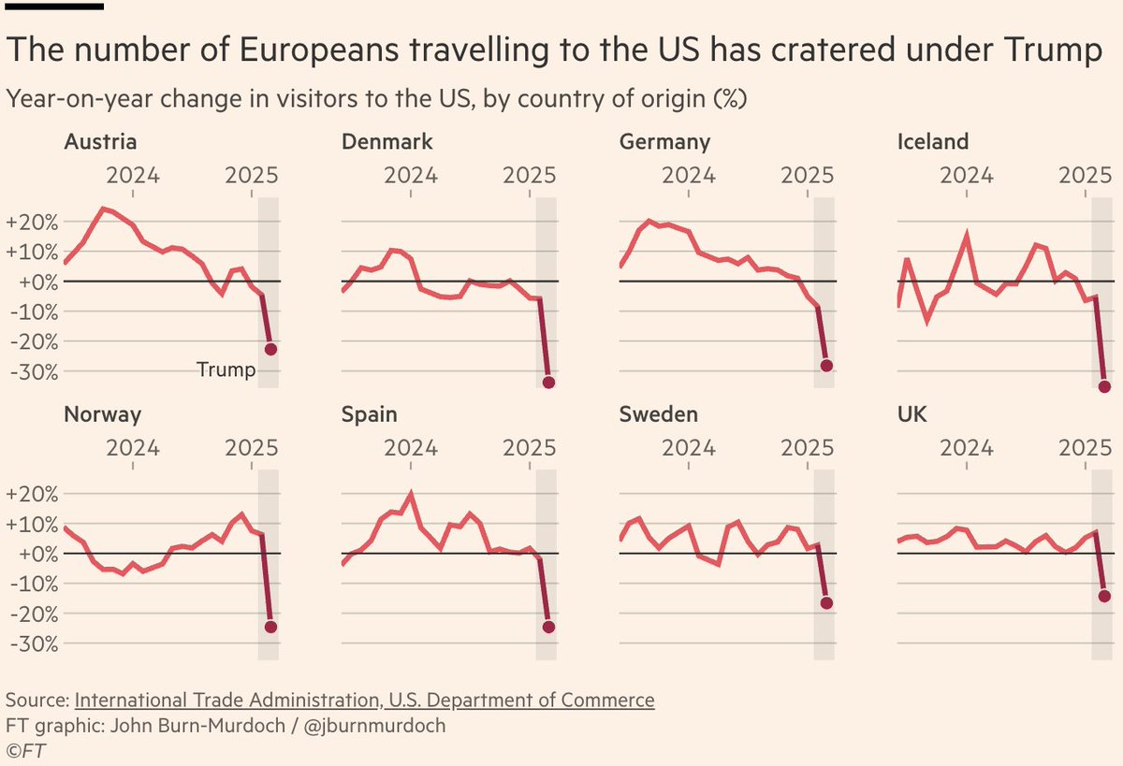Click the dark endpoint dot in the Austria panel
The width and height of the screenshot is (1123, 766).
[x=270, y=349]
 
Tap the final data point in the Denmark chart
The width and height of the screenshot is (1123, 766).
[x=548, y=383]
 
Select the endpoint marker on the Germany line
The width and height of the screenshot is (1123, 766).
[x=826, y=366]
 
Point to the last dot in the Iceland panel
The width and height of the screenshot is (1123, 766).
[x=1104, y=386]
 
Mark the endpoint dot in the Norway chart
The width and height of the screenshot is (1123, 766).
[x=270, y=627]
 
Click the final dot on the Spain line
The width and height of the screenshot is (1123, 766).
[x=548, y=627]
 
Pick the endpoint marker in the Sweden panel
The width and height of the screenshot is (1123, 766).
[x=826, y=603]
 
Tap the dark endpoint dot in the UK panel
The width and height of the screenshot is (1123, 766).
[x=1104, y=596]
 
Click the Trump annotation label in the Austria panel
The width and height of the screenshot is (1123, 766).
[x=226, y=370]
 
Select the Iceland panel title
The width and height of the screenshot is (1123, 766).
[x=933, y=142]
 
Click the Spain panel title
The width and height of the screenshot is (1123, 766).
[x=370, y=414]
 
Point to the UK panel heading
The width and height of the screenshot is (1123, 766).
[x=912, y=414]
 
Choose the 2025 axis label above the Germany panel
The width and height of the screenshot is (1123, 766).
[x=808, y=175]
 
